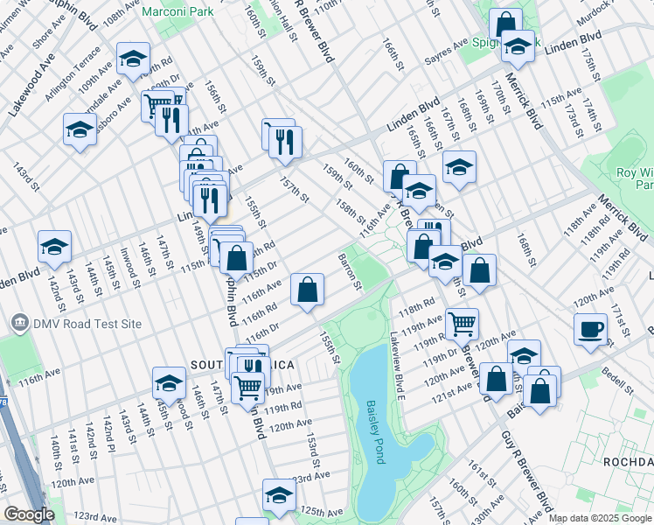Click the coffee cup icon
[591, 329]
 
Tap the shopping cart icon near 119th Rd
[248, 385]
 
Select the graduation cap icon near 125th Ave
[280, 495]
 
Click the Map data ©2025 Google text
[600, 518]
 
